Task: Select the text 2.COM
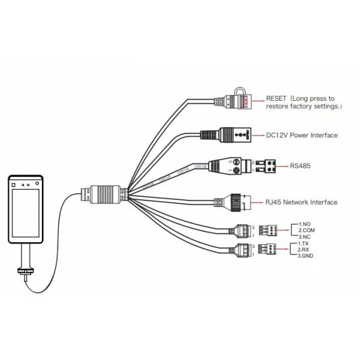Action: [307, 230]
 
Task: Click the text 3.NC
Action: [304, 236]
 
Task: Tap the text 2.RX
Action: [304, 251]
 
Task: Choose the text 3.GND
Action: [305, 257]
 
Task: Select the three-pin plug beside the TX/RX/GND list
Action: [267, 250]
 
